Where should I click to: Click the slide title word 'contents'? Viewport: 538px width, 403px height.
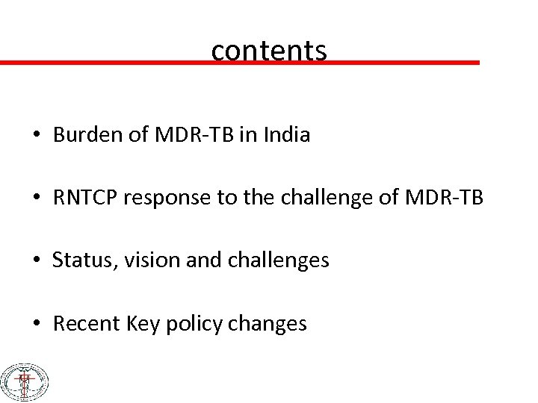[269, 51]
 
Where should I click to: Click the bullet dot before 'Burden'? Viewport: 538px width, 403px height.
[37, 137]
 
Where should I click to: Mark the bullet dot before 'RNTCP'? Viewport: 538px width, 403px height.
[37, 199]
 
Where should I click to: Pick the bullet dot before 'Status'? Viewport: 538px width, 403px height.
[37, 262]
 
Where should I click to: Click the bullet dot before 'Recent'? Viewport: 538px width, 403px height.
[37, 325]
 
